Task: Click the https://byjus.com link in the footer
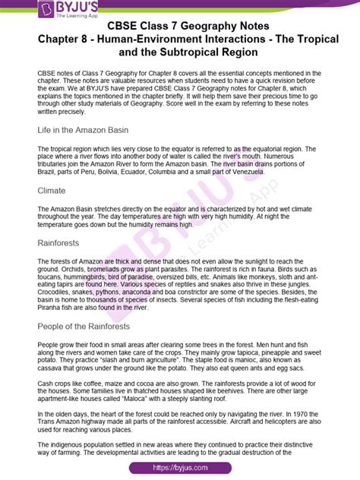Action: click(181, 469)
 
